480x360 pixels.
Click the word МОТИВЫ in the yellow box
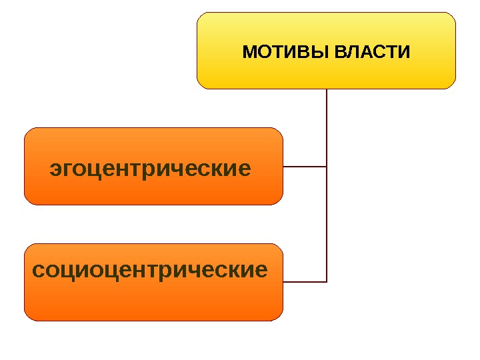click(x=285, y=52)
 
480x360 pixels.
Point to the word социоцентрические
click(x=150, y=271)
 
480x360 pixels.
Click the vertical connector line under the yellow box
click(x=327, y=127)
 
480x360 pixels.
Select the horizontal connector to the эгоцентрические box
click(x=305, y=166)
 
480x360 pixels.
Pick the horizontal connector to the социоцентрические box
click(x=305, y=281)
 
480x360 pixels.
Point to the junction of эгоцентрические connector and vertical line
click(x=327, y=166)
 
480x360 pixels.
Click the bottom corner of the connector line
click(x=327, y=281)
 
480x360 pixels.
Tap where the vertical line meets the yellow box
click(x=327, y=89)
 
